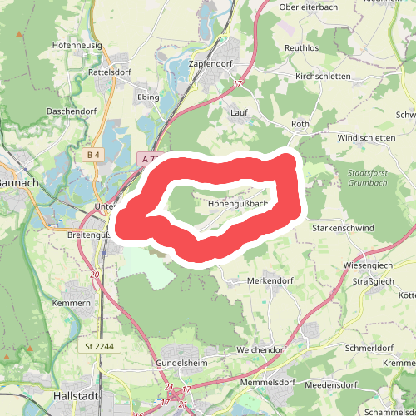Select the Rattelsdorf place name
tap(111, 72)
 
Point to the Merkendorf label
tap(271, 281)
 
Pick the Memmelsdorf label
tap(268, 383)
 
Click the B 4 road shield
tap(92, 154)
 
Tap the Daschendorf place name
tap(74, 111)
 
